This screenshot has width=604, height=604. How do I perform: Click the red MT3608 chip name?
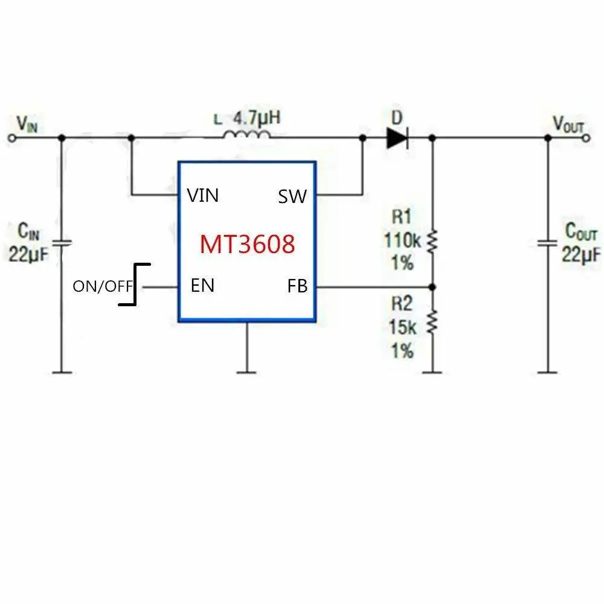(x=248, y=244)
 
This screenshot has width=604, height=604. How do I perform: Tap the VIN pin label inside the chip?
(x=203, y=195)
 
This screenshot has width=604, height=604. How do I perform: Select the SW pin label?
(x=292, y=196)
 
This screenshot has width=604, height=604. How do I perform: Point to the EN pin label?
(x=202, y=285)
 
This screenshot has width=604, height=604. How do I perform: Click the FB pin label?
(x=298, y=286)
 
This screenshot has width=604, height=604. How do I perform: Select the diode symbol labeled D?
(x=397, y=138)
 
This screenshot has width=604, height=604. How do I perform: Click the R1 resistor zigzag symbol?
(x=431, y=242)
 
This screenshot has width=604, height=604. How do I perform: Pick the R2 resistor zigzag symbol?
(x=431, y=321)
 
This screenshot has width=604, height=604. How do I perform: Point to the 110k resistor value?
(x=402, y=241)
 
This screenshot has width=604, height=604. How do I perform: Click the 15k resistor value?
(x=402, y=328)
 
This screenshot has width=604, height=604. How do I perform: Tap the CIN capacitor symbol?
(x=61, y=243)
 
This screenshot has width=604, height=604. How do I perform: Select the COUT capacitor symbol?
(x=547, y=243)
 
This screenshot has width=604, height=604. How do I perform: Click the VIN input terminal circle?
(x=11, y=138)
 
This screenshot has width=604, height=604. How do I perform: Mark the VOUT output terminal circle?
(x=585, y=138)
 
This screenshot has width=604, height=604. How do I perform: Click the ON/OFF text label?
(x=101, y=286)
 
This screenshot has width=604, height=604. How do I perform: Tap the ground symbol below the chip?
(x=246, y=370)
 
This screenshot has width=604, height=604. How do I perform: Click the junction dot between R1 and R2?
(x=431, y=286)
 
